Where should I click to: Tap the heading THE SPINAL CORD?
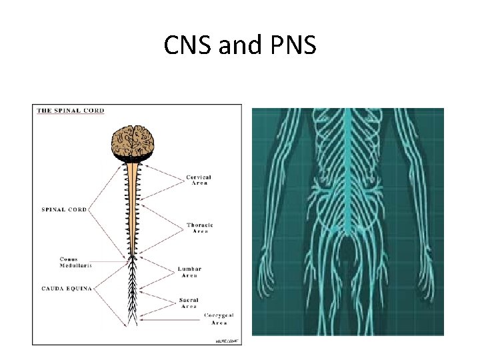click(x=70, y=110)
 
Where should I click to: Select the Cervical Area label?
click(x=198, y=180)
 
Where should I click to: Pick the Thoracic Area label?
click(x=200, y=228)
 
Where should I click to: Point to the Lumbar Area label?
click(x=189, y=272)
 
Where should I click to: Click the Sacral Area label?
click(x=189, y=303)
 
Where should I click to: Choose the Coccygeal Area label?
click(x=219, y=319)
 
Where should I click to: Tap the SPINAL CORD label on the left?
click(x=63, y=209)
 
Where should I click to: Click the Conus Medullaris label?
click(x=73, y=262)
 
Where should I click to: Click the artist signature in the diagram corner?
click(x=226, y=340)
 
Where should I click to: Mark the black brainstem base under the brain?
click(x=133, y=158)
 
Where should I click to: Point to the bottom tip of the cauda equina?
click(x=133, y=325)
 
